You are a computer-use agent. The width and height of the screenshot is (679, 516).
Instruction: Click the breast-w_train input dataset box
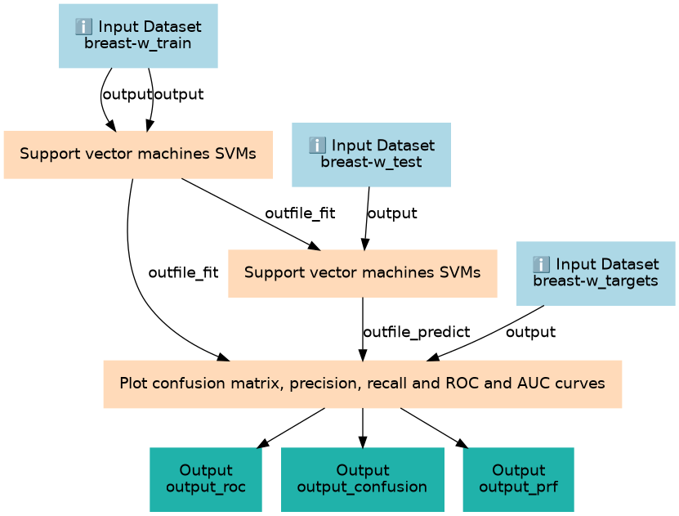coord(138,36)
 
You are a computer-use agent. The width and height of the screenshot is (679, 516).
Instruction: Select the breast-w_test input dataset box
coord(371,155)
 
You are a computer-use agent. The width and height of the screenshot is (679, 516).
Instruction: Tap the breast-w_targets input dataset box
coord(596,273)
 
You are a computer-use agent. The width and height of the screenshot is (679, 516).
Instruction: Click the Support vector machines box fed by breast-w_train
coord(138,155)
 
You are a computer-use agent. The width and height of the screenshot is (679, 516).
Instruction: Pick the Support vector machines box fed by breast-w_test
coord(363,273)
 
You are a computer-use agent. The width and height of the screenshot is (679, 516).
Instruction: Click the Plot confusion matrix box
coord(363,384)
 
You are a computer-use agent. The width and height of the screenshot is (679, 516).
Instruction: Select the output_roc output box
coord(206,479)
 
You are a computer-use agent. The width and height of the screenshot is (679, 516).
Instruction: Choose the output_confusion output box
coord(363,479)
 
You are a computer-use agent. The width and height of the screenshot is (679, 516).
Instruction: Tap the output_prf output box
coord(518,479)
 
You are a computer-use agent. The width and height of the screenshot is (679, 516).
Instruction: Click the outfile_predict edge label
coord(416,332)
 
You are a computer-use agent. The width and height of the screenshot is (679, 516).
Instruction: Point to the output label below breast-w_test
coord(392,213)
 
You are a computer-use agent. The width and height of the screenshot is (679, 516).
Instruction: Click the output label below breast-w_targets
coord(530,332)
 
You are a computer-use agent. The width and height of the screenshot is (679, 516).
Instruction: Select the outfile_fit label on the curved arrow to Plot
coord(183,272)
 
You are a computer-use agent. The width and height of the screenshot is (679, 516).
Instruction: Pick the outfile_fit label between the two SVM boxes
coord(300,213)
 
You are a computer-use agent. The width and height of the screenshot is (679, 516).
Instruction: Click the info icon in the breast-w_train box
coord(83,27)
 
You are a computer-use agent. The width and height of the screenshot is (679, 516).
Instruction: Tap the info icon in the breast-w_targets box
coord(541,264)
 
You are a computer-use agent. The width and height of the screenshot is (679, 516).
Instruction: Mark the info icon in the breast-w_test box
coord(317,146)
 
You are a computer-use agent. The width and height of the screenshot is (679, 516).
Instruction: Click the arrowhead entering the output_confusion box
coord(363,442)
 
